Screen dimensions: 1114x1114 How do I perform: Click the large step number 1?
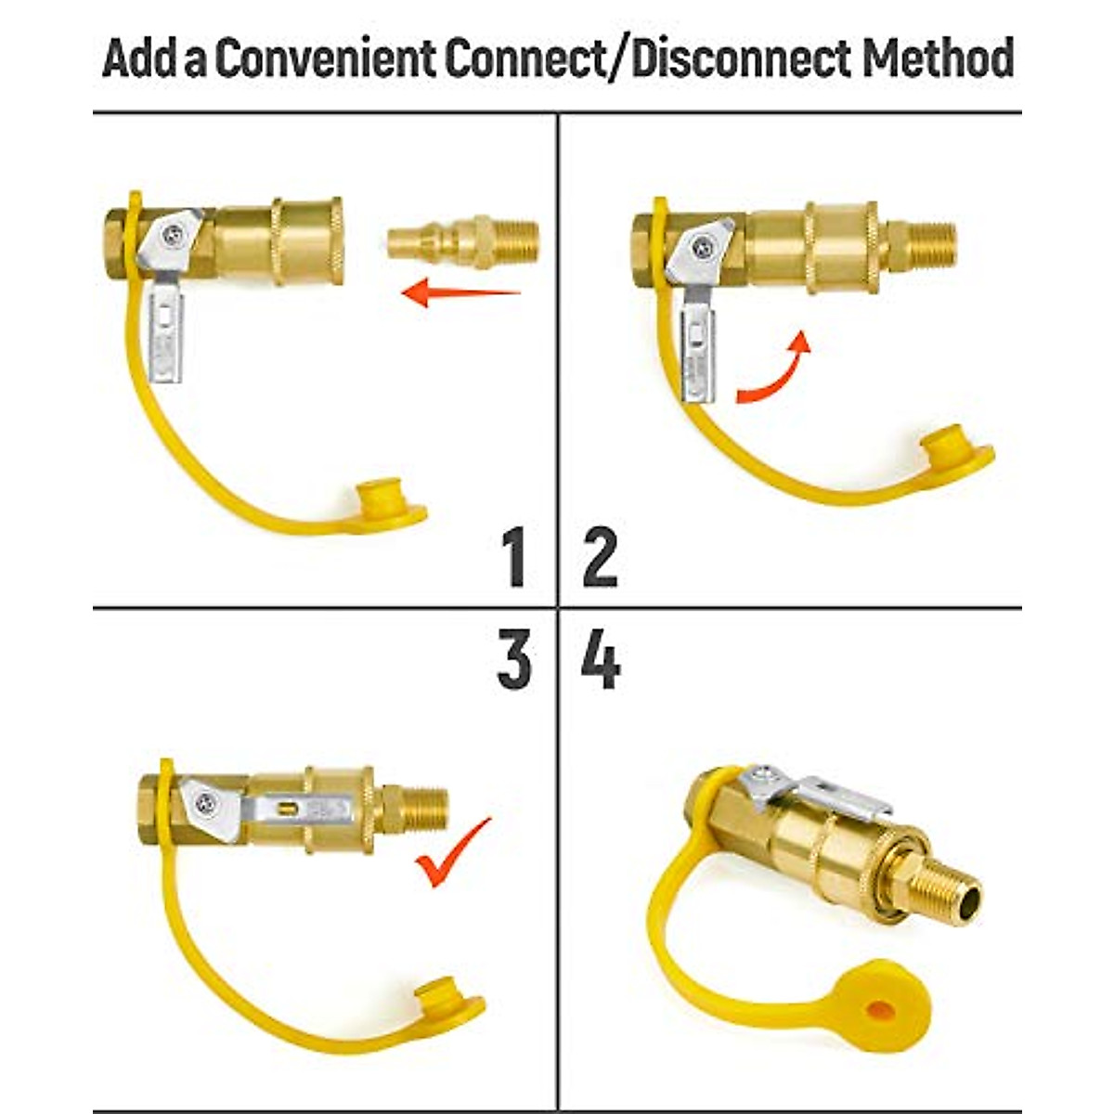coord(512,556)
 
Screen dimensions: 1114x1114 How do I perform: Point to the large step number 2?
coord(601,556)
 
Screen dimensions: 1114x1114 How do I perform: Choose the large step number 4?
coord(601,661)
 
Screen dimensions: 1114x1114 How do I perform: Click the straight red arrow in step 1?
coord(460,292)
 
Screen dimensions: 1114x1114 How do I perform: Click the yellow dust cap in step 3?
coord(441,998)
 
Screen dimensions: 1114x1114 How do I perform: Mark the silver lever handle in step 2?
coord(699,353)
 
